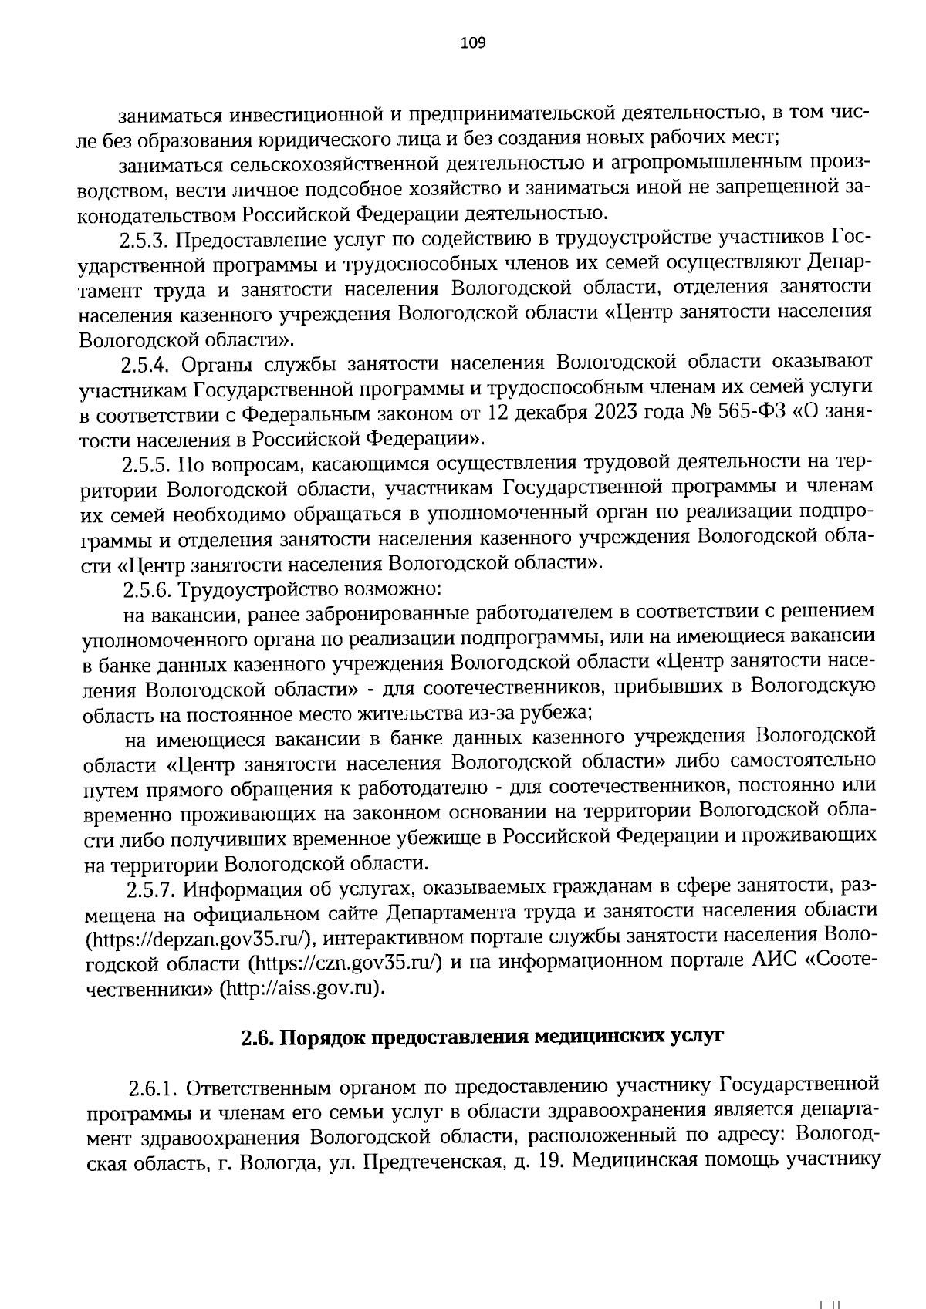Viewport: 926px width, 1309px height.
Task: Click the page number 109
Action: click(472, 43)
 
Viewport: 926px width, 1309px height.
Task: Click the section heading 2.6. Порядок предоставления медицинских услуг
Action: click(482, 1037)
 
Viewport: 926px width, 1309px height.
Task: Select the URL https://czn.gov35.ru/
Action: click(344, 963)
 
